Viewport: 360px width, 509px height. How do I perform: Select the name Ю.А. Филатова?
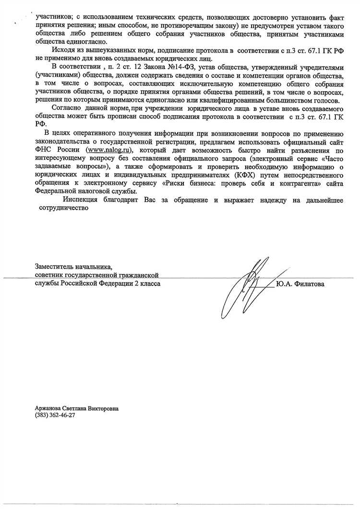pyautogui.click(x=300, y=284)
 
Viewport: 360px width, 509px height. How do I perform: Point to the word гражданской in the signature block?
pyautogui.click(x=139, y=275)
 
